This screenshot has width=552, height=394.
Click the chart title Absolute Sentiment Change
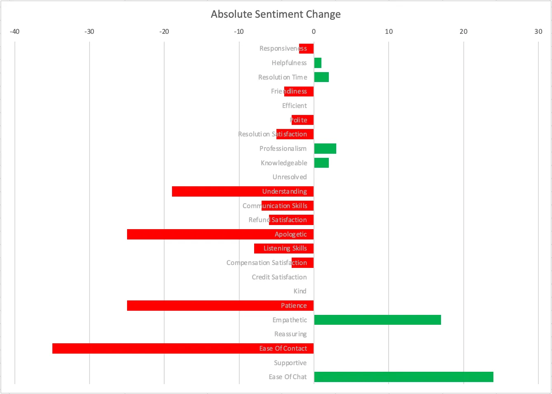pyautogui.click(x=276, y=14)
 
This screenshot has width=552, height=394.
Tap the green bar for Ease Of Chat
pyautogui.click(x=403, y=377)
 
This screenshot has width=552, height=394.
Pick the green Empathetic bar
pyautogui.click(x=377, y=320)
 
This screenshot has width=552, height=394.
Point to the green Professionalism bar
pyautogui.click(x=325, y=148)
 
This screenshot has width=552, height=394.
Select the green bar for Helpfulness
pyautogui.click(x=318, y=63)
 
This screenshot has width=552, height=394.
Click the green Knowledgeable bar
pyautogui.click(x=321, y=163)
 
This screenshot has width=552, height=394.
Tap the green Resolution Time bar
pyautogui.click(x=321, y=77)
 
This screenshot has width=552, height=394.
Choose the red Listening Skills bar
pyautogui.click(x=284, y=249)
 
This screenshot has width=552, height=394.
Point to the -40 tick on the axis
pyautogui.click(x=14, y=32)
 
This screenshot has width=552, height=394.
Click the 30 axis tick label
pyautogui.click(x=538, y=32)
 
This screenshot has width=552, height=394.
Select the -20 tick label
pyautogui.click(x=164, y=32)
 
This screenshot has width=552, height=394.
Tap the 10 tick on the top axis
pyautogui.click(x=389, y=32)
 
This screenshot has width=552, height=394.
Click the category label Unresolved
pyautogui.click(x=290, y=177)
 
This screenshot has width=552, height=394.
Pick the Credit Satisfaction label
pyautogui.click(x=279, y=277)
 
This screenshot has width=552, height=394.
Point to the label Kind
pyautogui.click(x=300, y=291)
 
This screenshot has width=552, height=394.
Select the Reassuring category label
pyautogui.click(x=290, y=334)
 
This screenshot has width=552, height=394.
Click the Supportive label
pyautogui.click(x=290, y=363)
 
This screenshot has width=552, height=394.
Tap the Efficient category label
pyautogui.click(x=295, y=106)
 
